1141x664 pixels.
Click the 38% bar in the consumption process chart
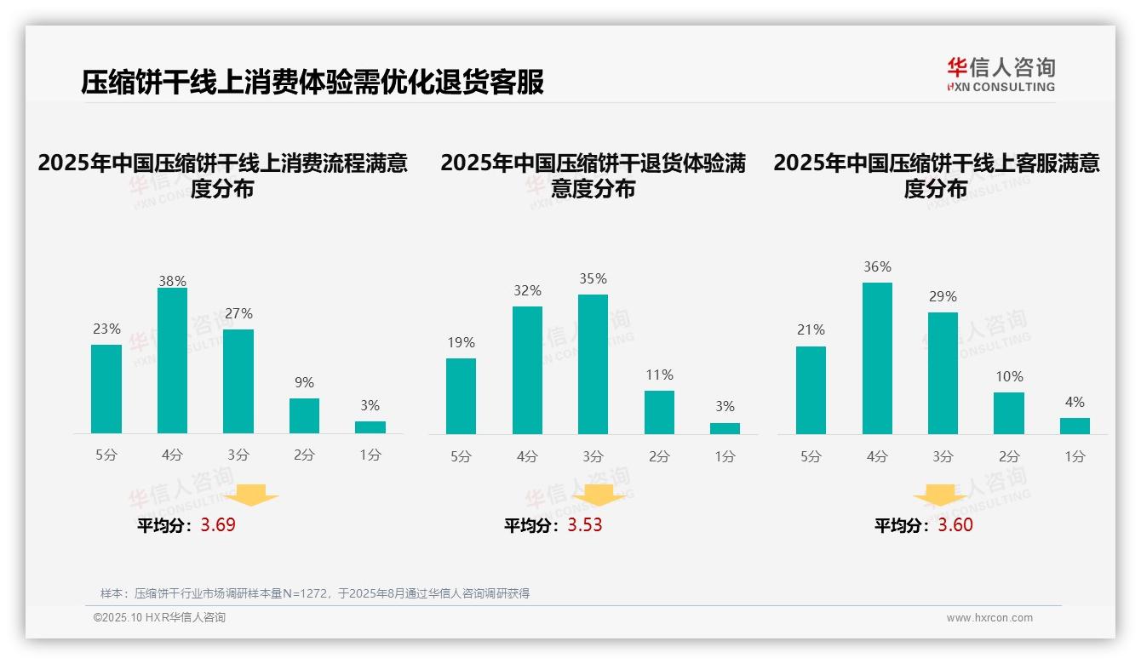(172, 361)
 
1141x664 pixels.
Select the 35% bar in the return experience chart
(593, 364)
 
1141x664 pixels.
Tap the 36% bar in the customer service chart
(877, 358)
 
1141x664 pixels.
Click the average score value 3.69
(218, 525)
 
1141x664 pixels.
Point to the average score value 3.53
(585, 525)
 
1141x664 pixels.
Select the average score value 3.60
(955, 525)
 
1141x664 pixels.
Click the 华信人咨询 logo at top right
(1001, 74)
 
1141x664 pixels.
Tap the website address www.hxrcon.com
(989, 618)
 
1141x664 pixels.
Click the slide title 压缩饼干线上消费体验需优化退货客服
(312, 83)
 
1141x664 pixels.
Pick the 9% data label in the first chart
(304, 383)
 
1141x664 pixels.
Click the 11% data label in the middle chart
(659, 375)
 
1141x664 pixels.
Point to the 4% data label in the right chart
(1075, 403)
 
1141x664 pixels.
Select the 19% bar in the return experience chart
(461, 396)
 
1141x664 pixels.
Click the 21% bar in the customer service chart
(811, 390)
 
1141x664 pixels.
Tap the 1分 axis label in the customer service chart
(1075, 457)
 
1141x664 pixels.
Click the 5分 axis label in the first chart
(106, 455)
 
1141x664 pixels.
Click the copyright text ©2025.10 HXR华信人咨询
(159, 618)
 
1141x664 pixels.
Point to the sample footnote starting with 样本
(315, 593)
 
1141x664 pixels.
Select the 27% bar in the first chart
(238, 381)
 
